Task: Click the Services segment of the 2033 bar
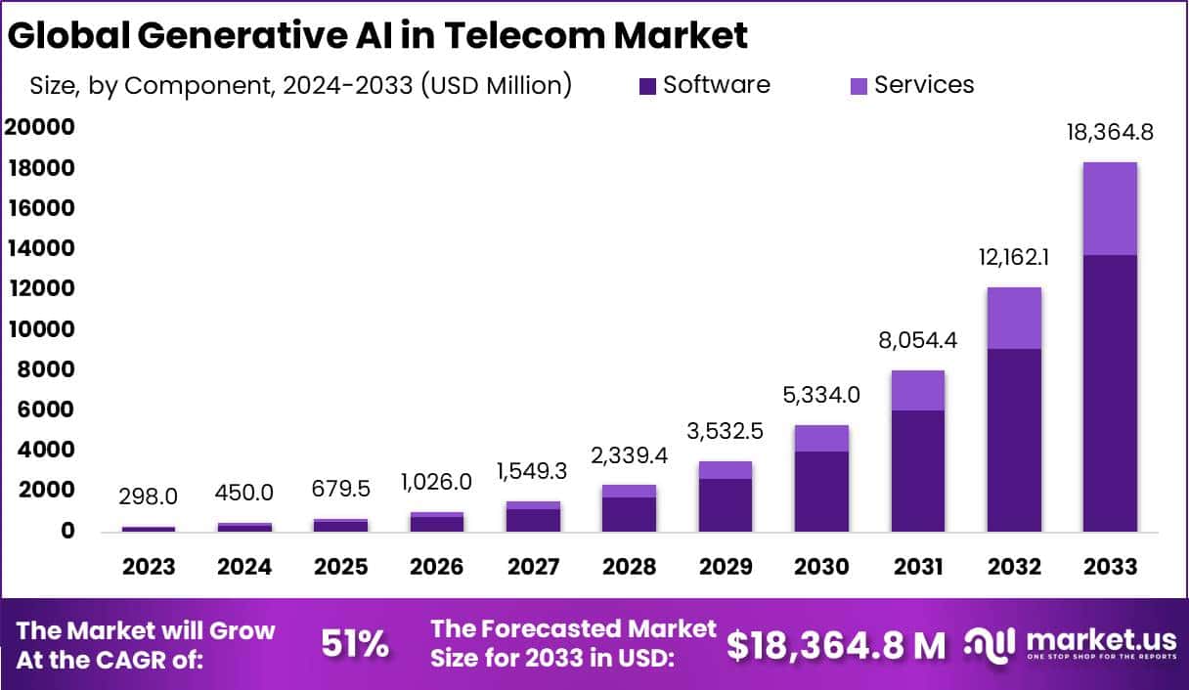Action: point(1110,208)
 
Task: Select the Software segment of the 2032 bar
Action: point(1014,440)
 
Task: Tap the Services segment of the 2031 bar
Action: point(917,390)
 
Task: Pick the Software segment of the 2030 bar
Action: point(821,492)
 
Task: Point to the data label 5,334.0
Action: point(821,395)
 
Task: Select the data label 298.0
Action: point(149,496)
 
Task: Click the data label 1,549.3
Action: point(533,472)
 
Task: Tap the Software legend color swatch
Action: point(647,86)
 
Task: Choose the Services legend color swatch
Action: point(859,86)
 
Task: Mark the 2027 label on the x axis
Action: point(533,567)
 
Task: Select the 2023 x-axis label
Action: point(149,567)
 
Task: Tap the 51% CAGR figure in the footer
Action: point(355,644)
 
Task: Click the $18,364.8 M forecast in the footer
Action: point(836,644)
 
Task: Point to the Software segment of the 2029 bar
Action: point(726,505)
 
